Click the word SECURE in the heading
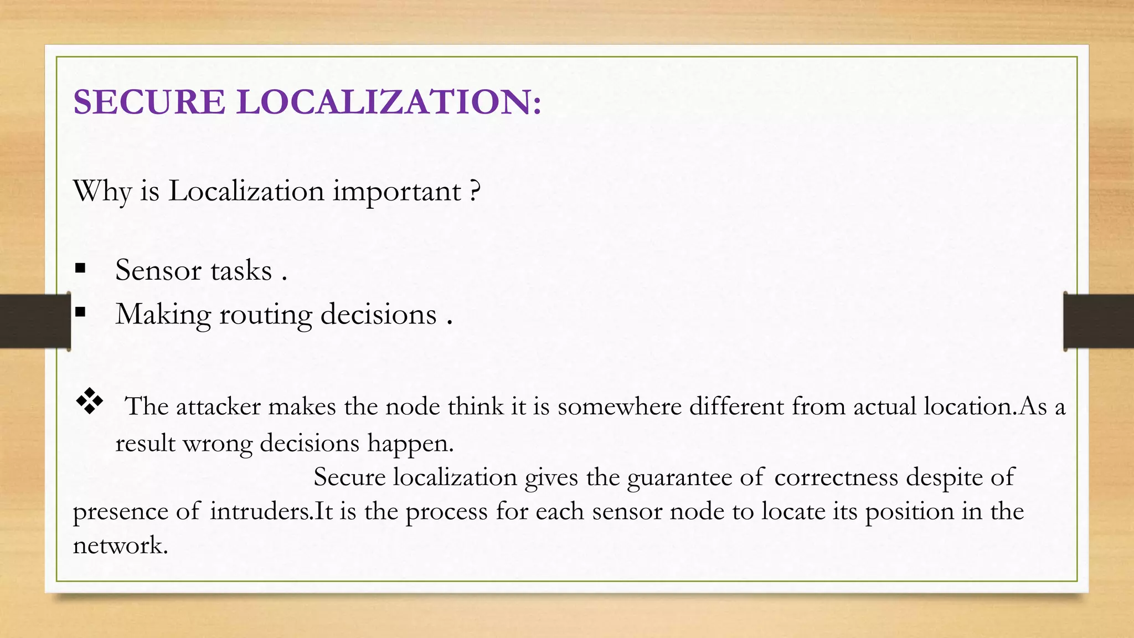pos(149,102)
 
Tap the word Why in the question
pos(102,192)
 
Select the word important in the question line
pos(397,192)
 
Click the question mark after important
pos(475,192)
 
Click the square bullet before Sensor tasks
pos(81,269)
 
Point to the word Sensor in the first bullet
pos(158,271)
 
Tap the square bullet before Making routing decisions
pos(81,312)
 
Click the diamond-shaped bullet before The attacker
pos(90,402)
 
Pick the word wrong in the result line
pos(217,444)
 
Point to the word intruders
pos(261,511)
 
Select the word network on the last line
pos(120,546)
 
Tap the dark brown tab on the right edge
pos(1099,321)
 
